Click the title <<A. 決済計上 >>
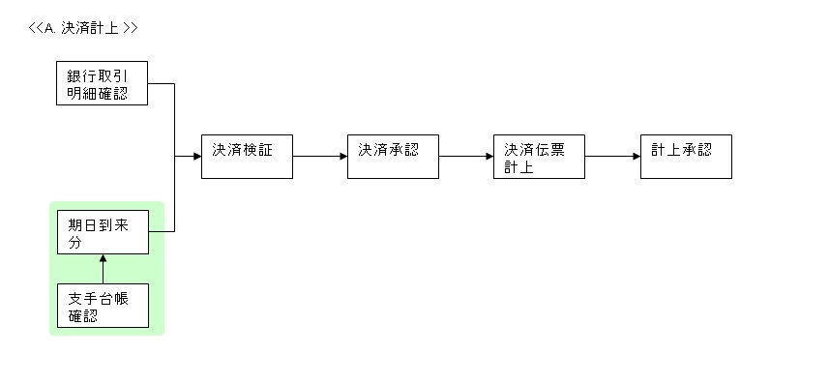tap(83, 28)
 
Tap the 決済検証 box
tap(246, 156)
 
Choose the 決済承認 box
tap(393, 156)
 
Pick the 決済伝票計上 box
tap(539, 156)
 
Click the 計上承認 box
tap(685, 156)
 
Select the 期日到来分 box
tap(103, 232)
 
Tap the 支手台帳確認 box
tap(103, 306)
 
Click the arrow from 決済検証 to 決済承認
tap(320, 156)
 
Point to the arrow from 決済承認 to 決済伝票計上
tap(466, 156)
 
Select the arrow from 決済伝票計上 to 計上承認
tap(612, 156)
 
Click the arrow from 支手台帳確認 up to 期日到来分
tap(103, 270)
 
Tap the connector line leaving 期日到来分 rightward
tap(162, 231)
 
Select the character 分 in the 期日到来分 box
tap(75, 242)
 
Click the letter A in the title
tap(49, 28)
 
